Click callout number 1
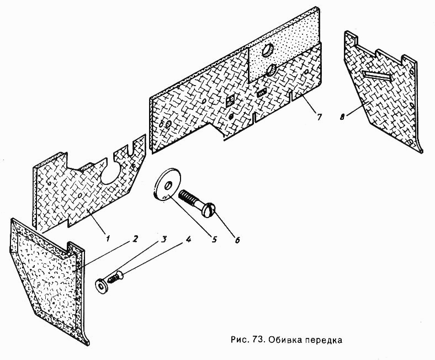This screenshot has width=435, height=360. [107, 238]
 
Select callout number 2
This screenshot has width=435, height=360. [135, 239]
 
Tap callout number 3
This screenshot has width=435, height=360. [164, 239]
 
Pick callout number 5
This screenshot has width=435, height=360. [214, 239]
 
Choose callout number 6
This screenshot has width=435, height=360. [237, 240]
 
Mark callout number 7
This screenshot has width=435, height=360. [319, 117]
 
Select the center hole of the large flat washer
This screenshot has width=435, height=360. [168, 185]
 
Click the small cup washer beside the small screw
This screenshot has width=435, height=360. [102, 285]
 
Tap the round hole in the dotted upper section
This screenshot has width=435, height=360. [268, 50]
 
